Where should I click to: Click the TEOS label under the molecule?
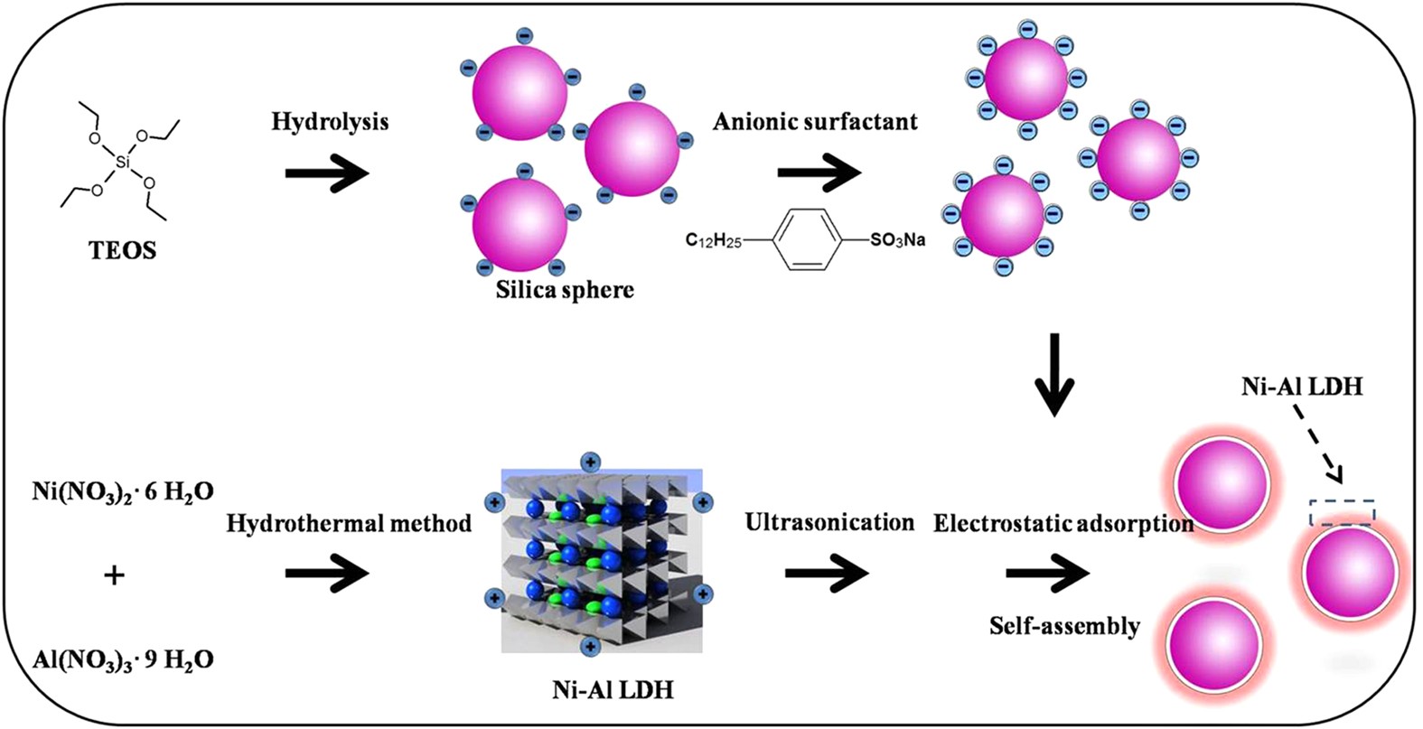click(123, 250)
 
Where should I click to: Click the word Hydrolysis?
click(330, 121)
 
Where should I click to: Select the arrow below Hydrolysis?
click(327, 172)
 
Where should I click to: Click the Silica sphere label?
click(565, 290)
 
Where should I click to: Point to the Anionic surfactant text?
click(815, 121)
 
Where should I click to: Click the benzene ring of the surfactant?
click(800, 239)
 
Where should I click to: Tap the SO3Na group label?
click(897, 240)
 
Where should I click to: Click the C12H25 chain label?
click(714, 240)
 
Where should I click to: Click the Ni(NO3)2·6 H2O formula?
click(123, 492)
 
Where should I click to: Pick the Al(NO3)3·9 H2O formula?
click(123, 659)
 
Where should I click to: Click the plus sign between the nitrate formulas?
click(115, 575)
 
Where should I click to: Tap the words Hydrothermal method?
click(349, 523)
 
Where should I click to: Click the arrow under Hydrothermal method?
click(327, 574)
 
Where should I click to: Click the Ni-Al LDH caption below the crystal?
click(613, 690)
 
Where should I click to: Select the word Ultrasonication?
click(829, 522)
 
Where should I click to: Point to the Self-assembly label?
click(1064, 626)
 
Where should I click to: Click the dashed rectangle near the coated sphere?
click(1343, 512)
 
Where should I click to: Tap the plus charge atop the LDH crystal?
click(589, 463)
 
